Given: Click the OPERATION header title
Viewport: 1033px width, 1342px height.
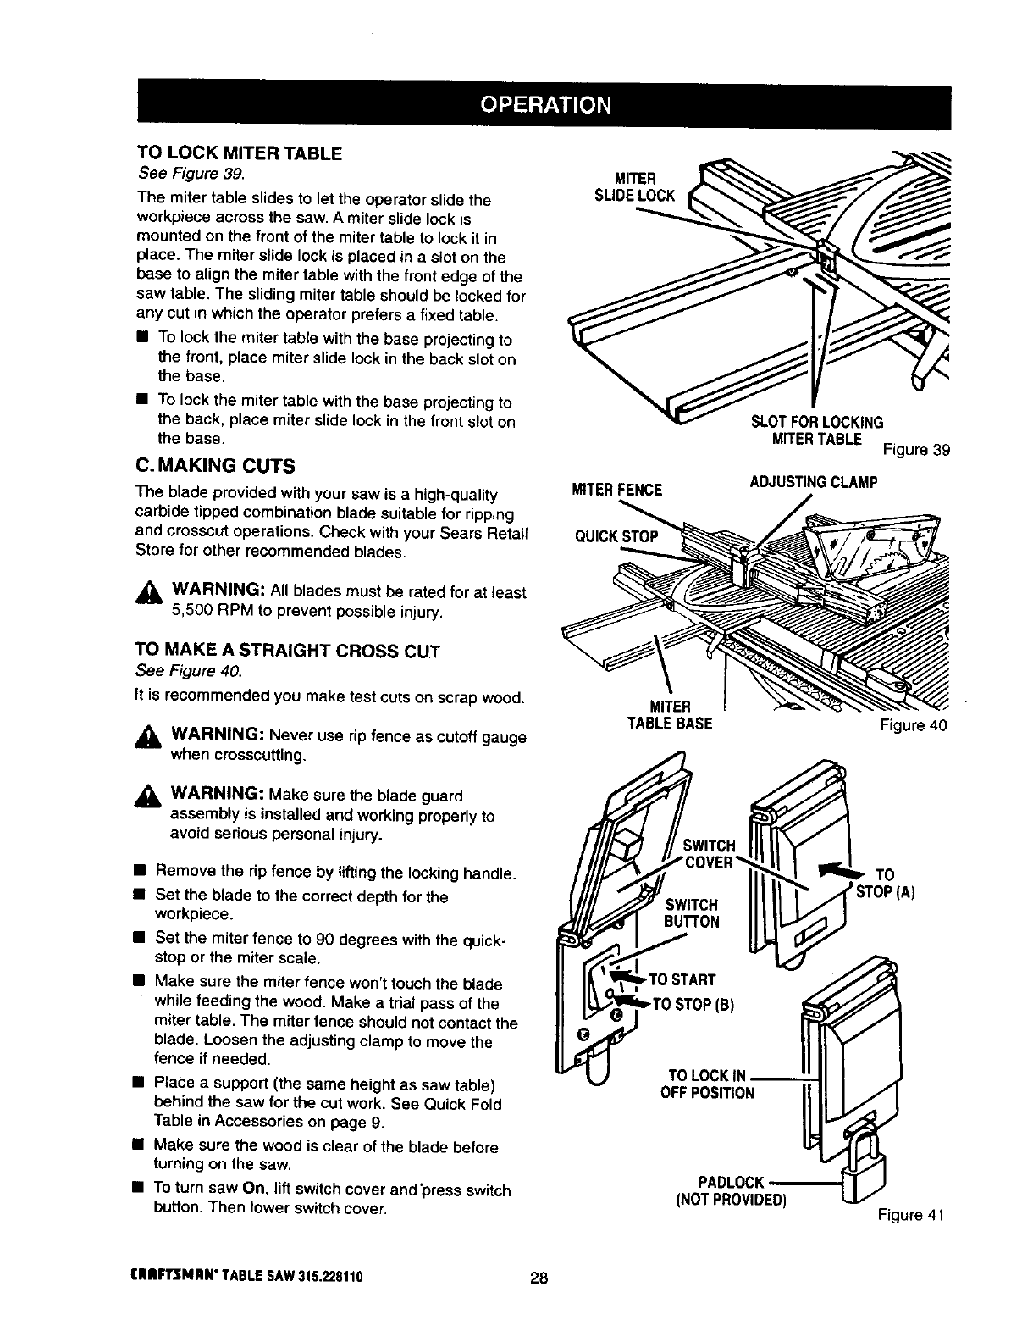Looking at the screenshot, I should point(544,104).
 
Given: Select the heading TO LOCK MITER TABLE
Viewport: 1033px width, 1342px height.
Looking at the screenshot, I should point(240,154).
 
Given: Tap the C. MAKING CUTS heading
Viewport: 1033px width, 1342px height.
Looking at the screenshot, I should point(215,466).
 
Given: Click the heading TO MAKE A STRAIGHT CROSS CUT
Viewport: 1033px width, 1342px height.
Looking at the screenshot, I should point(288,651).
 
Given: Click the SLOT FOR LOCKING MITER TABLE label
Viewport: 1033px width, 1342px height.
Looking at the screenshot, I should point(816,430).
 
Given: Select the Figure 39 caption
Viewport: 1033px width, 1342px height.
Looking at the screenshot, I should point(917,450).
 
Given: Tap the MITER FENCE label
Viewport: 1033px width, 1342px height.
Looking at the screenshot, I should point(618,490).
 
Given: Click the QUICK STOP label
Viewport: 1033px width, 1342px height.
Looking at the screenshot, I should point(616,537).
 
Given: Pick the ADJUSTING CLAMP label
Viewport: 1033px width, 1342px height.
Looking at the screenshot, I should point(813,483).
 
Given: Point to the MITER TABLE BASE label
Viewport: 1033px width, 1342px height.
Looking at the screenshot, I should point(670,715).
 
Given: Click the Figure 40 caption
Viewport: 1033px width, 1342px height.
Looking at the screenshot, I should point(914,725).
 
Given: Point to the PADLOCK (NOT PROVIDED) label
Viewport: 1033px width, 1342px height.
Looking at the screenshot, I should point(730,1190).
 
